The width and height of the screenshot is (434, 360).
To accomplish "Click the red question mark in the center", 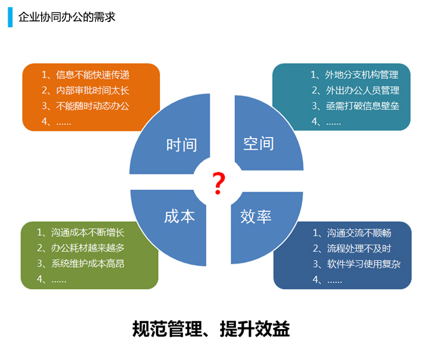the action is click(218, 183).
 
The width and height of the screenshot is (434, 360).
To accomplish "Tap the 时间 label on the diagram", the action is click(181, 144).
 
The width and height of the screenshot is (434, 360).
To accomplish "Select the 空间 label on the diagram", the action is click(259, 144).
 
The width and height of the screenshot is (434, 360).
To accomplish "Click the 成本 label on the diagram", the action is click(180, 216).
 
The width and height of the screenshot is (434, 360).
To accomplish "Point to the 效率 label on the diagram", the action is click(256, 216).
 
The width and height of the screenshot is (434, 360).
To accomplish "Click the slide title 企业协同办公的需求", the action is click(67, 17).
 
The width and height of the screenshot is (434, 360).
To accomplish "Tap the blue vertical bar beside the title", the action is click(10, 17).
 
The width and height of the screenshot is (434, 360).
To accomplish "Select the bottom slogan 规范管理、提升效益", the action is click(211, 329).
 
